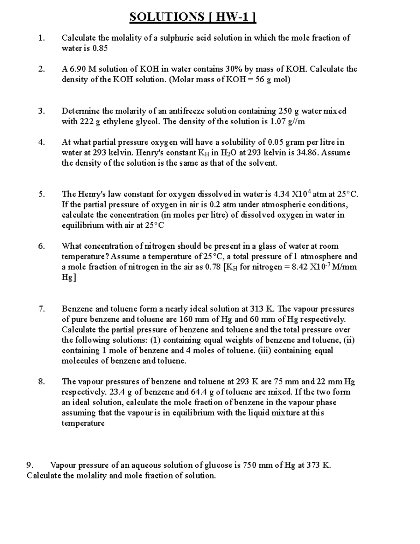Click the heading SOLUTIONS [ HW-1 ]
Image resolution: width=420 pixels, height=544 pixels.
click(193, 17)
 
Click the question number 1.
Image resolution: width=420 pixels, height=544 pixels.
click(42, 38)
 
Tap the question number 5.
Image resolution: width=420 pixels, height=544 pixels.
click(42, 194)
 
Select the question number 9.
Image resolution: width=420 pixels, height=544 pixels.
click(31, 465)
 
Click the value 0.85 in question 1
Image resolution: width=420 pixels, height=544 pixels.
click(100, 48)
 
